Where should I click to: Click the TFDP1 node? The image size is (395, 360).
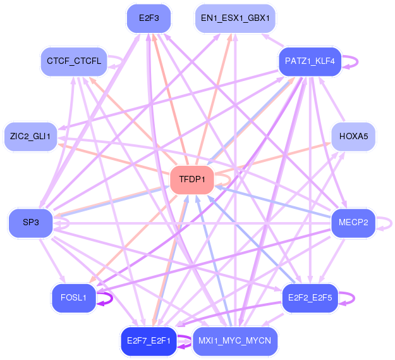(192, 180)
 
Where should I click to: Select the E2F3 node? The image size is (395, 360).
(149, 18)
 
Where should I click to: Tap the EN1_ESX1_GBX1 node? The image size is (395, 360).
(235, 18)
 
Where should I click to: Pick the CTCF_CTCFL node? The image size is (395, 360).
(74, 61)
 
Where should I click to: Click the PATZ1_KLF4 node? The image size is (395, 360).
(310, 61)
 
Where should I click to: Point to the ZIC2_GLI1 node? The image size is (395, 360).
(30, 137)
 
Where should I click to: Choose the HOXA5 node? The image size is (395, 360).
(353, 137)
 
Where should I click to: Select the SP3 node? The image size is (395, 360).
(31, 223)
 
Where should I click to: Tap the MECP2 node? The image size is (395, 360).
(353, 223)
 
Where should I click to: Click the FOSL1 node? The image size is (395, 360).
(74, 298)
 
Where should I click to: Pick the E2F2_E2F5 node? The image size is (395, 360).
(310, 298)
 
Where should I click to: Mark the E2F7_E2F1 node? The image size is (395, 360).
(149, 342)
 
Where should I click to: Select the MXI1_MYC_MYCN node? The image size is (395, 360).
(235, 342)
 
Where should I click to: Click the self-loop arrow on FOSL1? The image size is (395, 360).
(112, 299)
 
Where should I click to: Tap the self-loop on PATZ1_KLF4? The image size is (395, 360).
(357, 62)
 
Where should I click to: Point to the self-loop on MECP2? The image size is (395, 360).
(391, 223)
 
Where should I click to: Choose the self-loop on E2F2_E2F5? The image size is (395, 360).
(354, 299)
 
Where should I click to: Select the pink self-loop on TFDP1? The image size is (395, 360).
(230, 180)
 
